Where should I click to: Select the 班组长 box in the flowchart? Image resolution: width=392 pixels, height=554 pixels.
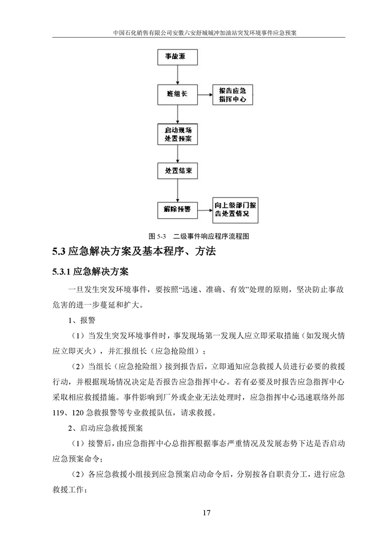(177, 94)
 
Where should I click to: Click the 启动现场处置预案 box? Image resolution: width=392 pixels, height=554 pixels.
(177, 134)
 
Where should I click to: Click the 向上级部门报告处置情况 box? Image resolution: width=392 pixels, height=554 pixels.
(235, 210)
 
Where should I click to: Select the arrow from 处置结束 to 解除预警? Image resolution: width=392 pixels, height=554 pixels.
(177, 190)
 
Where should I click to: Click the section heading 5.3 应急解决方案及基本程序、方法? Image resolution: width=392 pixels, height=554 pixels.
(134, 252)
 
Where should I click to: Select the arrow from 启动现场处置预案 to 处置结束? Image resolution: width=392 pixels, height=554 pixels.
(177, 154)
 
